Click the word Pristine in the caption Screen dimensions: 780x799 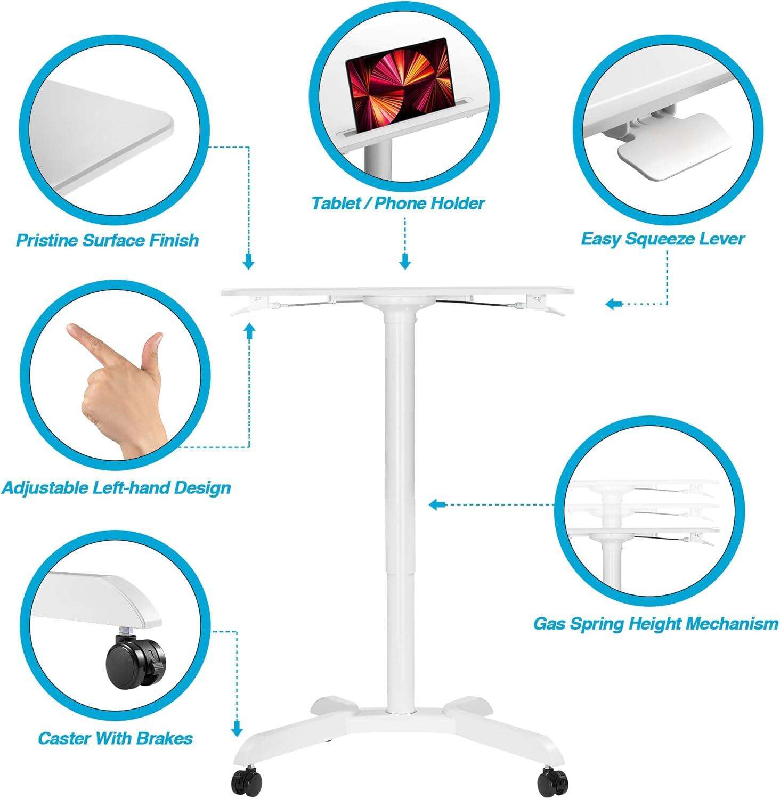47,240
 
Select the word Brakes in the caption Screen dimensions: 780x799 165,738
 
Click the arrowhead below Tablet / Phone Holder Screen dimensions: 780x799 405,262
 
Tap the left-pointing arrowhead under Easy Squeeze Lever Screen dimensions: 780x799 613,304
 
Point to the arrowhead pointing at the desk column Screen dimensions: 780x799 436,504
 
